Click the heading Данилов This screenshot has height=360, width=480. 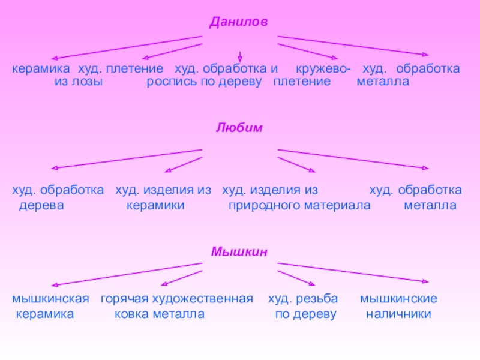(239, 22)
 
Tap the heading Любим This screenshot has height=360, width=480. (239, 128)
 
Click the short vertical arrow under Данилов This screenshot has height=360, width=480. (239, 56)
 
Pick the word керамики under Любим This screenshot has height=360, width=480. (155, 205)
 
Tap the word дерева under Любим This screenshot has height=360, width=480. (41, 205)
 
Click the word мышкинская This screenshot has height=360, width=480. (51, 298)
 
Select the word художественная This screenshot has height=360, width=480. (202, 298)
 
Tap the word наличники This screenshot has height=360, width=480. (398, 314)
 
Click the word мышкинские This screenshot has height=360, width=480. (398, 298)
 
